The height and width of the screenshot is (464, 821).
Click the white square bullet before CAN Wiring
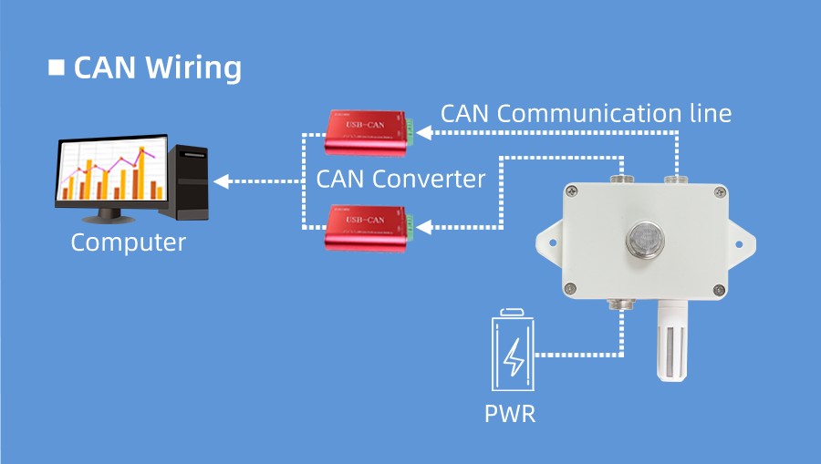[x=56, y=67]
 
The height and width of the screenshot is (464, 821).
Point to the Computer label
[x=128, y=242]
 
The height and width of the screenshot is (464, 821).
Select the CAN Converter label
[x=400, y=179]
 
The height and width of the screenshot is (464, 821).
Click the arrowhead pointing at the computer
[x=221, y=181]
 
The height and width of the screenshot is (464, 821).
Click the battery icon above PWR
[x=514, y=354]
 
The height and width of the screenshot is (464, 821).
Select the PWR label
[x=510, y=414]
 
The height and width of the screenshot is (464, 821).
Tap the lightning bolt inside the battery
[x=515, y=357]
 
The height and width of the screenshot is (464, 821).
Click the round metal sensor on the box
[x=643, y=240]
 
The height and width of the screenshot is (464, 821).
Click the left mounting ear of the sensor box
[x=548, y=241]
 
